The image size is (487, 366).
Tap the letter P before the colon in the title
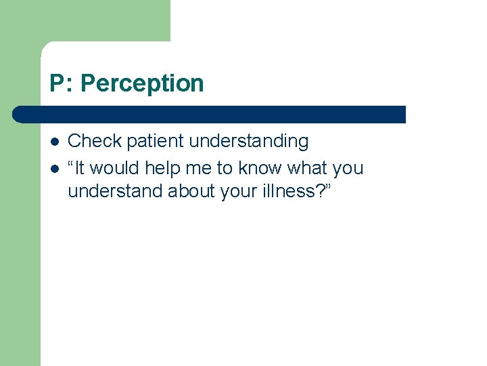tap(57, 83)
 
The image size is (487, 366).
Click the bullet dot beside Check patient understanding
tap(54, 142)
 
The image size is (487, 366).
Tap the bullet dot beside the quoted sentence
tap(54, 168)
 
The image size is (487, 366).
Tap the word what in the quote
tap(310, 167)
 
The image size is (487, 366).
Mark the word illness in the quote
tap(285, 191)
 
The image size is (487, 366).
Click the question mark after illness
tap(317, 191)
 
